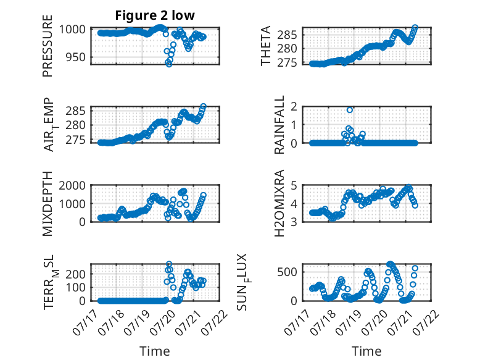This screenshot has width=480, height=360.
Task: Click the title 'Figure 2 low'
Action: point(155,15)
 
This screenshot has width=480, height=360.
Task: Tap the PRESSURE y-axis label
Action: point(48,46)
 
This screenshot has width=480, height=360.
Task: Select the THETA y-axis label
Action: point(266,46)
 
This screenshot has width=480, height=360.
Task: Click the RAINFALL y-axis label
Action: point(279,125)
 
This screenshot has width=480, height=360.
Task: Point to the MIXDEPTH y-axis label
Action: point(48,204)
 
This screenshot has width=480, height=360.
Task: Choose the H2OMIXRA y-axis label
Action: point(279,203)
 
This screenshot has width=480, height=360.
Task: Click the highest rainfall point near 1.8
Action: point(350,110)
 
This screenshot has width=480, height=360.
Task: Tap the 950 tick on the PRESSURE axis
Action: point(76,57)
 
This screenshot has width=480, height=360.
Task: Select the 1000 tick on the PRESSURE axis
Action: point(72,30)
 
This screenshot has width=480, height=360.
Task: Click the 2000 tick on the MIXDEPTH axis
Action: point(72,185)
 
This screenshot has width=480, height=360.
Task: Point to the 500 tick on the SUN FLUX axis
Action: point(287,272)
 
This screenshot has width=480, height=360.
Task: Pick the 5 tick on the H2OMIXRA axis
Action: point(294,185)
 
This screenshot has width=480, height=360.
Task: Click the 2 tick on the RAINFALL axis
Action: point(294,107)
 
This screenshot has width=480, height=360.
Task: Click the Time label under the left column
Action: point(155,351)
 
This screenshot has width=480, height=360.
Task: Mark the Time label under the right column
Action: point(366,351)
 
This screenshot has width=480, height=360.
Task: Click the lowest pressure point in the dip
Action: point(169,64)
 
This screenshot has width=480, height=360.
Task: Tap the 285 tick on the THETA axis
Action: point(287,35)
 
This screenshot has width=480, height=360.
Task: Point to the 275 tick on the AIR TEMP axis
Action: point(76,140)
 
